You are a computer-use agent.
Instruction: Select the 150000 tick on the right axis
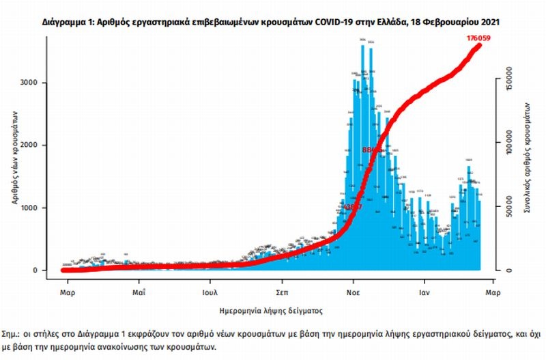click(509, 83)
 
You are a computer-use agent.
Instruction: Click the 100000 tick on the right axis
click(509, 146)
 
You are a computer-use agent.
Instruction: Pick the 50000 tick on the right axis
click(509, 208)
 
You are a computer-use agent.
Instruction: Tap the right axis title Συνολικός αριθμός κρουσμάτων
click(528, 159)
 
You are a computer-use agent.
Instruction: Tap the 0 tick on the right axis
click(509, 271)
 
